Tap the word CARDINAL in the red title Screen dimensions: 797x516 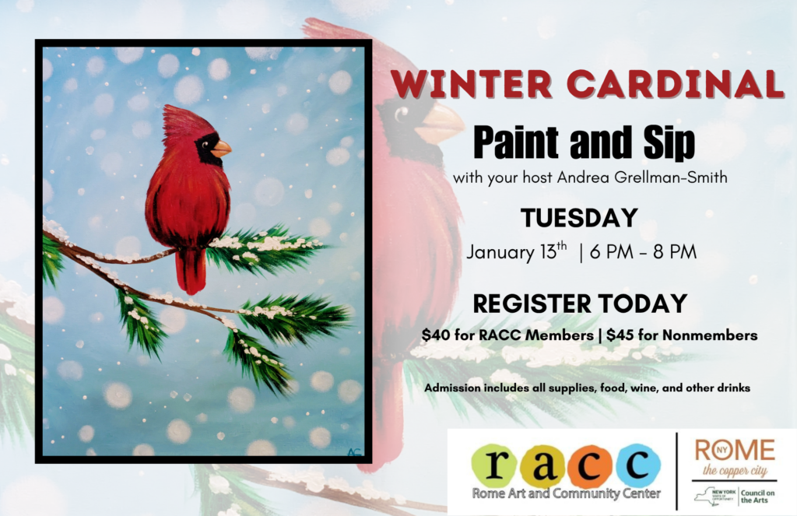click(x=675, y=83)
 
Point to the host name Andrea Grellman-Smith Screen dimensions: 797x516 click(x=642, y=177)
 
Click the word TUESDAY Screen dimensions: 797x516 click(x=579, y=218)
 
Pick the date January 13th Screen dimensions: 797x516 click(x=517, y=251)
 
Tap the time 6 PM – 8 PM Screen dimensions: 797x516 click(x=643, y=252)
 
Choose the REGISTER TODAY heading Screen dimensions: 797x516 click(x=580, y=304)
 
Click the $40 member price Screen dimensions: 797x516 click(x=432, y=335)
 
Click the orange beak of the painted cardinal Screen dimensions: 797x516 click(x=221, y=149)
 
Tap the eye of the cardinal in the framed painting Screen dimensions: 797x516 click(x=205, y=145)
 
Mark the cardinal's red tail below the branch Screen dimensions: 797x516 click(x=191, y=271)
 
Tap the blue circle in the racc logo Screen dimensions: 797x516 click(x=638, y=465)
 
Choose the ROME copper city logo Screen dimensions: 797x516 click(x=735, y=458)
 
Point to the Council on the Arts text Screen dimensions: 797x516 click(x=757, y=497)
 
